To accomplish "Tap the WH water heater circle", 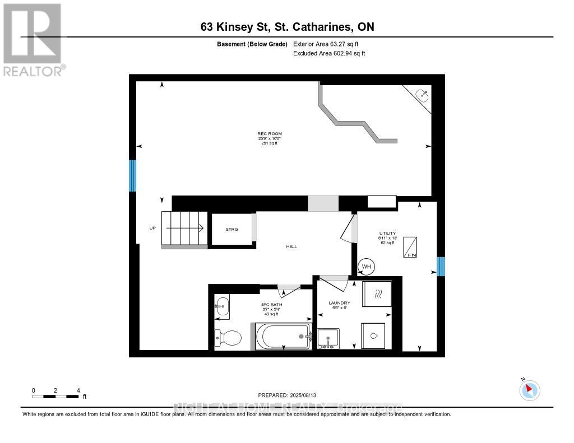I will tap(366, 266).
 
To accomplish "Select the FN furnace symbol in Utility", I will tap(410, 247).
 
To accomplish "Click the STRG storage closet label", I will tap(232, 229).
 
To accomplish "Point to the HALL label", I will tap(291, 246).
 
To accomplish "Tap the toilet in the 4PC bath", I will tap(228, 338).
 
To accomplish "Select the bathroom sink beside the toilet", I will tap(221, 305).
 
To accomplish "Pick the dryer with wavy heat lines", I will tap(377, 294).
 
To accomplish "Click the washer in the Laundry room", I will tap(373, 336).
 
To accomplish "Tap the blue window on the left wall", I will tap(133, 175).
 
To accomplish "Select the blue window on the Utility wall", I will tap(441, 267).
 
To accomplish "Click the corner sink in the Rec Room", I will tap(423, 95).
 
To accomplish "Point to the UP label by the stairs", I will tap(152, 228).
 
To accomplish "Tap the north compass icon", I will tap(529, 390).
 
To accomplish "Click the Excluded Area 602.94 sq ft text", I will tap(329, 53).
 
